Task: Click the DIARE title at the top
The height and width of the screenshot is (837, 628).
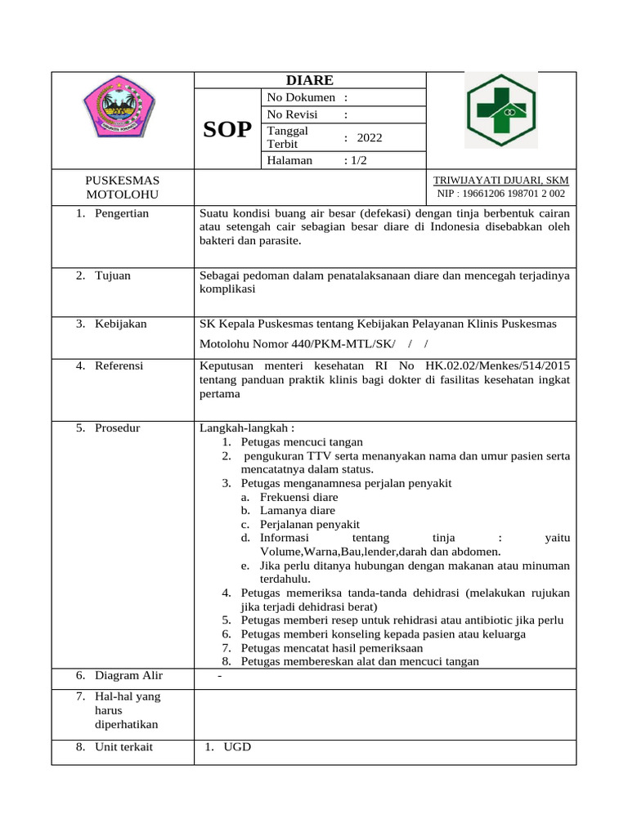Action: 310,80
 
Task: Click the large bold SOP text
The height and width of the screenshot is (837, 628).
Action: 227,129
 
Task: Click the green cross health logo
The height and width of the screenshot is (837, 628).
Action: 501,110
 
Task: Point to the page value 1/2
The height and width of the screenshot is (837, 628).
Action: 358,160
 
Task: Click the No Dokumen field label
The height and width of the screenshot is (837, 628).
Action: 301,98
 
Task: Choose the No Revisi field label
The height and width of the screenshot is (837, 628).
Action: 292,114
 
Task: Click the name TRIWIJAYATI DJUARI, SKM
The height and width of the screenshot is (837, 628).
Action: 500,181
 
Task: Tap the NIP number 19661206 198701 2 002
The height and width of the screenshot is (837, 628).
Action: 500,194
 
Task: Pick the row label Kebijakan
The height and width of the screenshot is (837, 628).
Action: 121,324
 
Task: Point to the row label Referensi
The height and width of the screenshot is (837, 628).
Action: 119,365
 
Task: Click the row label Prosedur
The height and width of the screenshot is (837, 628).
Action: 118,427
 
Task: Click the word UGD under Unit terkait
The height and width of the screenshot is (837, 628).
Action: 239,747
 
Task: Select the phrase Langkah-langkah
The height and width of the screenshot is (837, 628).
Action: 247,427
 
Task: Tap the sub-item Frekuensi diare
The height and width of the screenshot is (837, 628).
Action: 298,497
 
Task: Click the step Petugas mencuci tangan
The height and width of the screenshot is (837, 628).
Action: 302,441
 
